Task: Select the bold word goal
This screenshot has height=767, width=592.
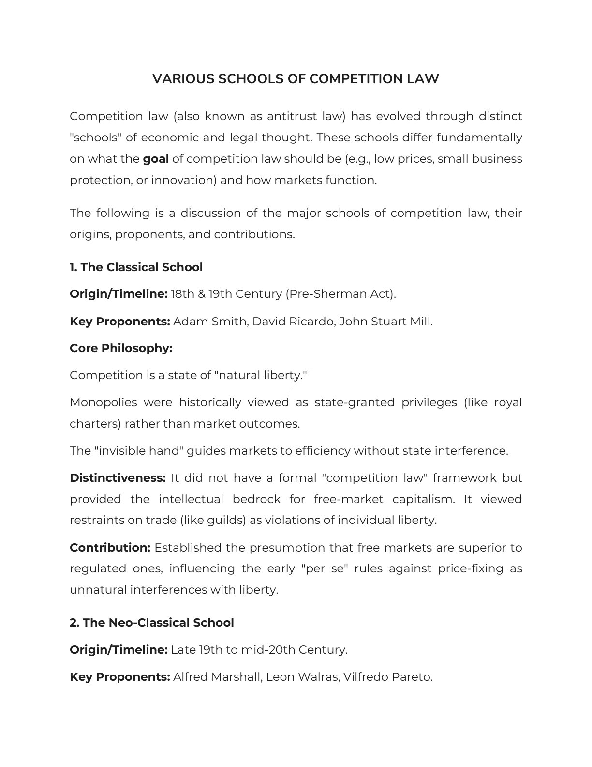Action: click(x=156, y=159)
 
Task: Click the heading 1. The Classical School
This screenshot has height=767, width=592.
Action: click(x=136, y=267)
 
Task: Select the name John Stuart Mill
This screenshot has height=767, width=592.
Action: click(x=385, y=322)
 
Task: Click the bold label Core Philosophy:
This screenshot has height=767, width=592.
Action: click(x=121, y=348)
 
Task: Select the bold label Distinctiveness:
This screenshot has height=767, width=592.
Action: click(x=118, y=478)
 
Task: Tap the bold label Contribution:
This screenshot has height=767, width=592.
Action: click(x=110, y=548)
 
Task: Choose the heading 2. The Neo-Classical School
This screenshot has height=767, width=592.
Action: click(x=151, y=623)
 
